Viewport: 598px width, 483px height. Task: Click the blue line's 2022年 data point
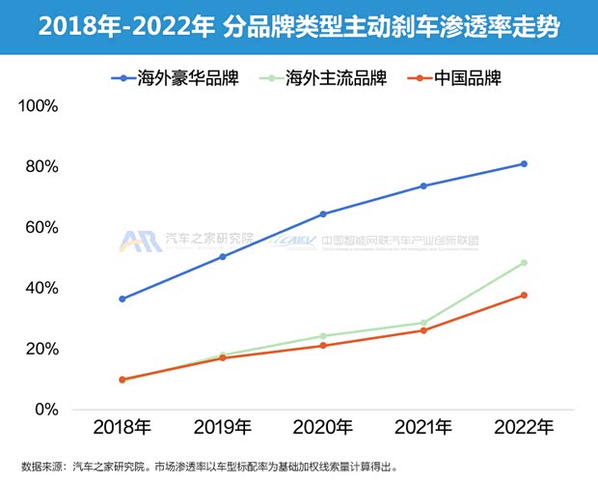coord(524,163)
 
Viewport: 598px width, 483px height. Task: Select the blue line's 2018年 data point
coord(122,298)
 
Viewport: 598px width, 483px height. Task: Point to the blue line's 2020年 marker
coord(323,213)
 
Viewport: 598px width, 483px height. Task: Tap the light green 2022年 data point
coord(524,263)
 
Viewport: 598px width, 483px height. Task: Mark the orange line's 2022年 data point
coord(524,295)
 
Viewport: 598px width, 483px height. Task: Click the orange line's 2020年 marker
coord(323,345)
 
